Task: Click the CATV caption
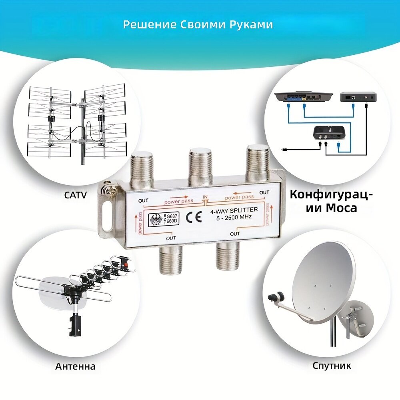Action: [x=76, y=195]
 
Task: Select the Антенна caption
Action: [x=76, y=366]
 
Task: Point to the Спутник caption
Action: [x=332, y=366]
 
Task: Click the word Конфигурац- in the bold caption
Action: [x=331, y=195]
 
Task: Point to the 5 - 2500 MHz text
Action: [x=234, y=218]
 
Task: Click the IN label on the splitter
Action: [x=205, y=197]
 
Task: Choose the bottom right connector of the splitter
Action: [x=228, y=256]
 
